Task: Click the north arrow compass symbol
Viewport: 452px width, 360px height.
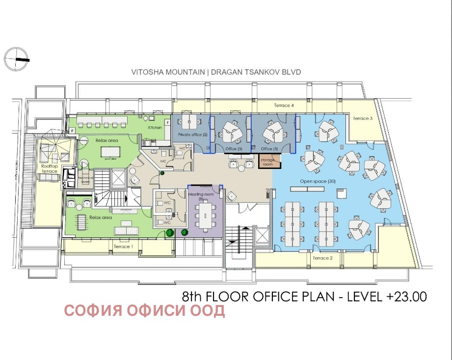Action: [x=16, y=59]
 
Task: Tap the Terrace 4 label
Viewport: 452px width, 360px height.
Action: [x=284, y=106]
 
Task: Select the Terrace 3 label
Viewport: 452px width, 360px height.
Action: [x=363, y=118]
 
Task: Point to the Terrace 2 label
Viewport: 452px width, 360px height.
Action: [x=322, y=258]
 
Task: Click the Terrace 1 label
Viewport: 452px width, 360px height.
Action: [x=123, y=247]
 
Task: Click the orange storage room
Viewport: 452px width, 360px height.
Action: [x=267, y=162]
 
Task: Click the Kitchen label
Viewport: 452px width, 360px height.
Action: [x=155, y=128]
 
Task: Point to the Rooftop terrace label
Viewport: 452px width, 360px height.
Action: [x=49, y=168]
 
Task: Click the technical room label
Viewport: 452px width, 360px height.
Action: [x=85, y=179]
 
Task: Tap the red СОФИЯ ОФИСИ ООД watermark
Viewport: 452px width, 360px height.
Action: [x=145, y=311]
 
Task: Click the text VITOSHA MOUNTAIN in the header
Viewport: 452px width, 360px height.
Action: [x=168, y=72]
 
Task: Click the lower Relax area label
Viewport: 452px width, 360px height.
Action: [x=101, y=217]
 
